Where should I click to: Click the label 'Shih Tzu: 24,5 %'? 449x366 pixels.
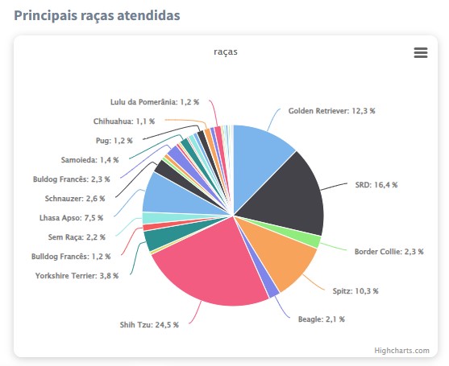(149, 325)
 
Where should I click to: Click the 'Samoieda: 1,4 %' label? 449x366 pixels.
(89, 159)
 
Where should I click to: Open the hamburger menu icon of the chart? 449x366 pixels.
(420, 52)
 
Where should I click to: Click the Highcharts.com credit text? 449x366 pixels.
(401, 350)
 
